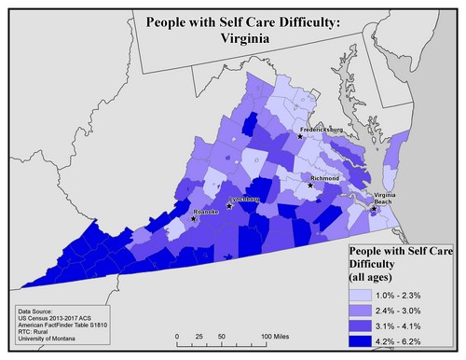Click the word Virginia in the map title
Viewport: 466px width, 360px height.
point(233,40)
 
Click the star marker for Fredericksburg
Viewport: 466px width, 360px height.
point(300,137)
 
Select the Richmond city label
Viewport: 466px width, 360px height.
point(325,177)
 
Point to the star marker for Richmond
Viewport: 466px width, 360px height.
point(310,185)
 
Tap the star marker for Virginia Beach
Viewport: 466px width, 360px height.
point(373,210)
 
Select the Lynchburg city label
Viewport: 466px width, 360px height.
point(245,200)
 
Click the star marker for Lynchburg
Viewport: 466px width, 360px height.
point(229,206)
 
